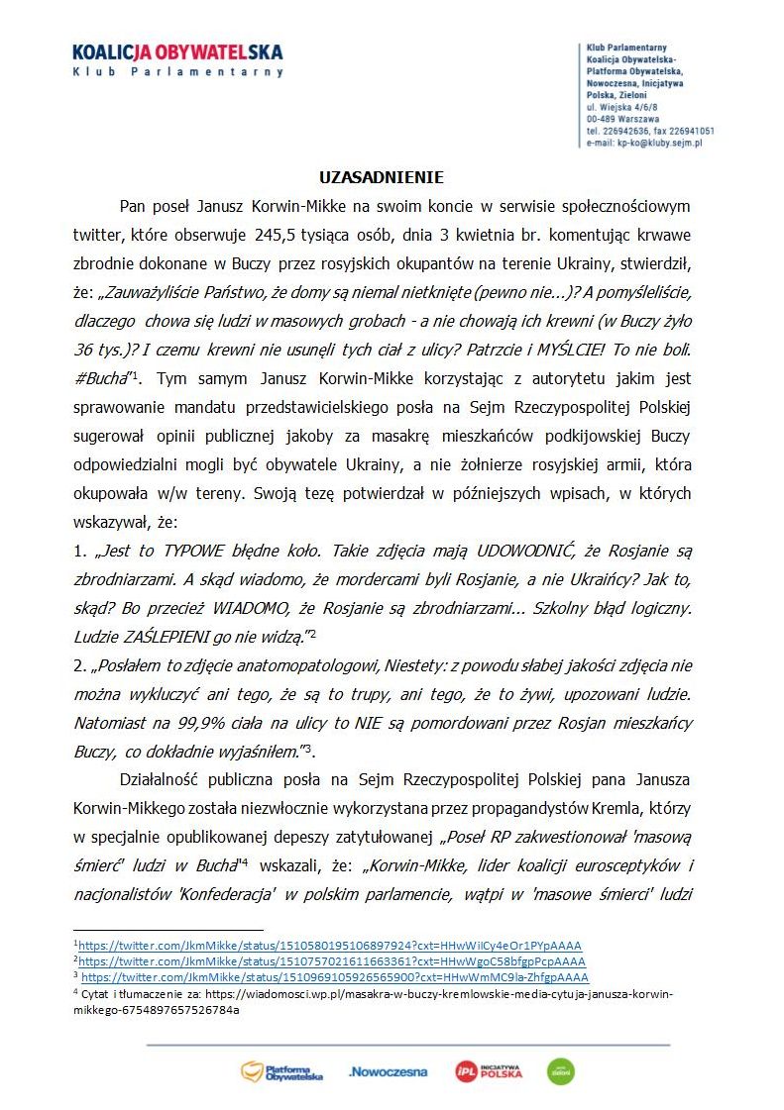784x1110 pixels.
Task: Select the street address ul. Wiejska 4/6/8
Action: click(x=622, y=105)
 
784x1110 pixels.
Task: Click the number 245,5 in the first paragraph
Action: click(x=277, y=236)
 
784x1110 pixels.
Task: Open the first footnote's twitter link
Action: click(x=330, y=946)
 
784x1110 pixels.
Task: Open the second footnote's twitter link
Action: click(x=332, y=960)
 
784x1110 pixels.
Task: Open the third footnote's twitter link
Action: click(x=334, y=975)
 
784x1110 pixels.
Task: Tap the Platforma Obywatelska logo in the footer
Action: click(x=282, y=1070)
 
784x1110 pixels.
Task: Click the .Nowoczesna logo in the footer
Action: click(x=389, y=1071)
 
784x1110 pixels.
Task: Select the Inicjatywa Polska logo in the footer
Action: click(x=489, y=1070)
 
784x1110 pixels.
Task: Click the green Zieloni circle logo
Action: click(x=561, y=1071)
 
